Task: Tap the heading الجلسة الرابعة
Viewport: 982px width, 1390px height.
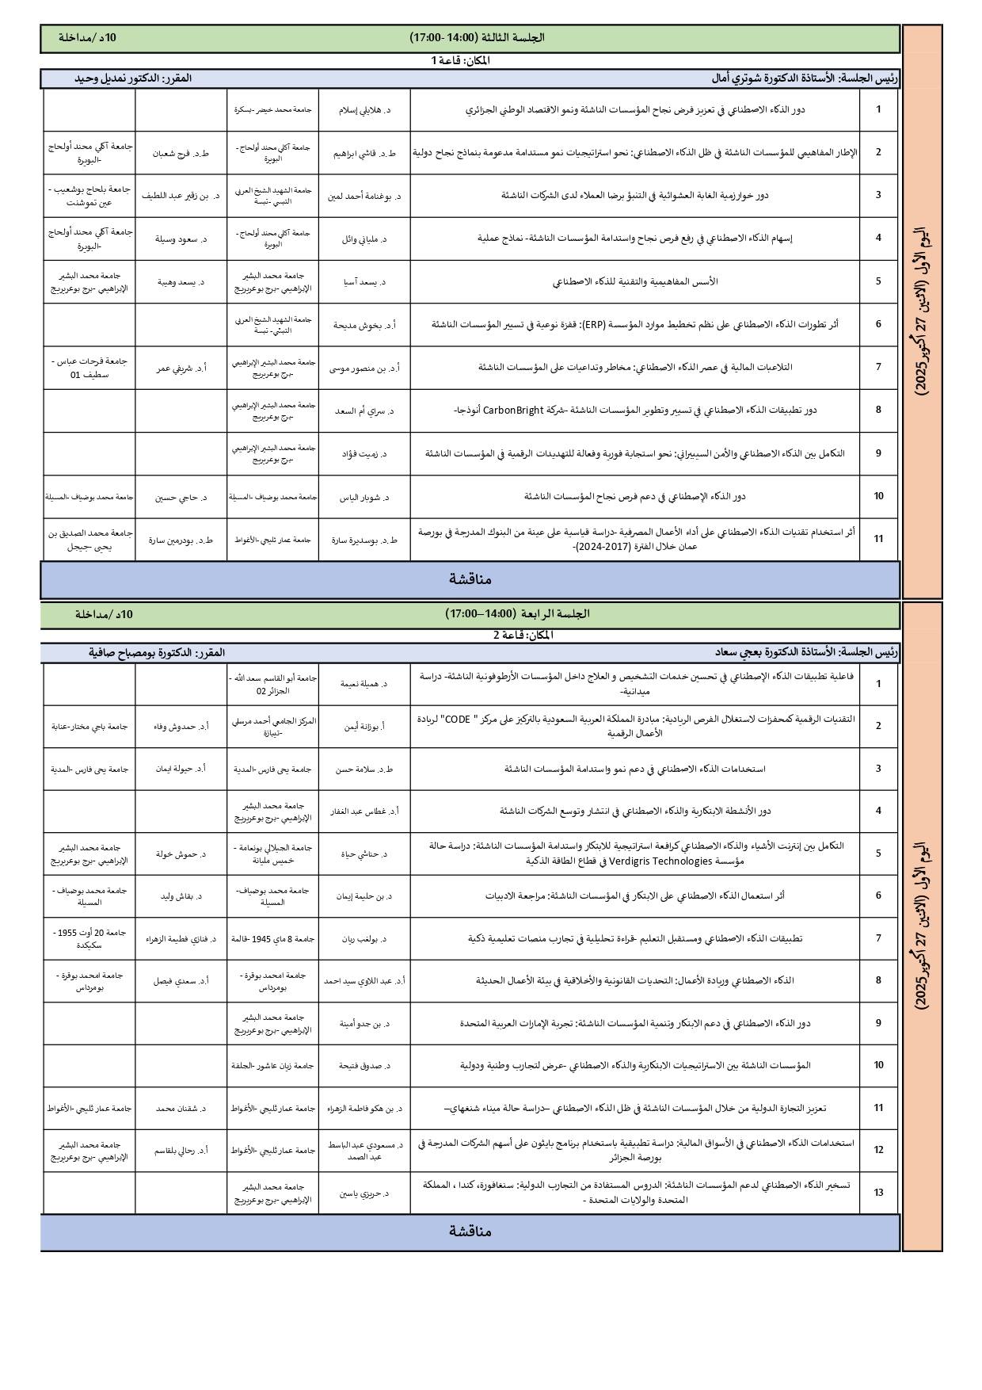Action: [x=517, y=614]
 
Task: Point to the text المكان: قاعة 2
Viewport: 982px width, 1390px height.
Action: [x=522, y=635]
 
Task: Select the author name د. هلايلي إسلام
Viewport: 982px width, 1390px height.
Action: [x=363, y=110]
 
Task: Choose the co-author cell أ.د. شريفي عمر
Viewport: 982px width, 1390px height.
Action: [x=181, y=368]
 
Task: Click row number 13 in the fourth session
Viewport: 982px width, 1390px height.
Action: [x=878, y=1193]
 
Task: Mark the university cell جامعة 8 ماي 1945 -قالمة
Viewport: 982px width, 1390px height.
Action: [x=272, y=938]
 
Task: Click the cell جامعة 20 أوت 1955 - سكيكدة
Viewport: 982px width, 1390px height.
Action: [x=89, y=939]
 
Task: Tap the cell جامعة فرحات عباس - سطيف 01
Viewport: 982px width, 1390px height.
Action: [x=89, y=368]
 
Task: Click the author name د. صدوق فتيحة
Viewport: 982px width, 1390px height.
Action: [x=363, y=1066]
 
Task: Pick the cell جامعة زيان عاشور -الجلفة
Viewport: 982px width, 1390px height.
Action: [x=272, y=1066]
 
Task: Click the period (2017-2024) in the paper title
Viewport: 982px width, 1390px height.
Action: [x=602, y=548]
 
